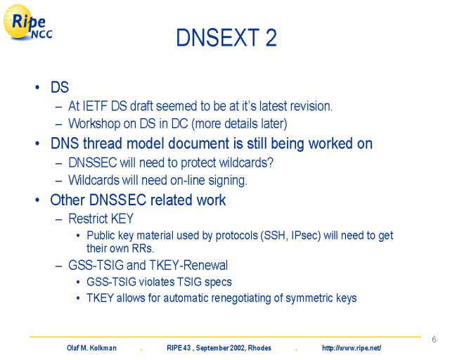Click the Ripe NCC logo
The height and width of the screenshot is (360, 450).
click(28, 22)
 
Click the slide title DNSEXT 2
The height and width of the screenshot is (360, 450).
click(226, 37)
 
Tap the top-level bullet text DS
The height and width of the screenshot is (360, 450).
click(60, 87)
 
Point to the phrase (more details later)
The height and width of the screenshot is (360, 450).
click(239, 124)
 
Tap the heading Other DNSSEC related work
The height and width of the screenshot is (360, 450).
click(138, 200)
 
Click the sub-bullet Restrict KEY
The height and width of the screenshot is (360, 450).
click(101, 219)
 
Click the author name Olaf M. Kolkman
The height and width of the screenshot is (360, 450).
click(91, 348)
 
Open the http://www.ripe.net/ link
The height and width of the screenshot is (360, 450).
click(352, 348)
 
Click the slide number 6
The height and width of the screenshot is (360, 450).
click(434, 340)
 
